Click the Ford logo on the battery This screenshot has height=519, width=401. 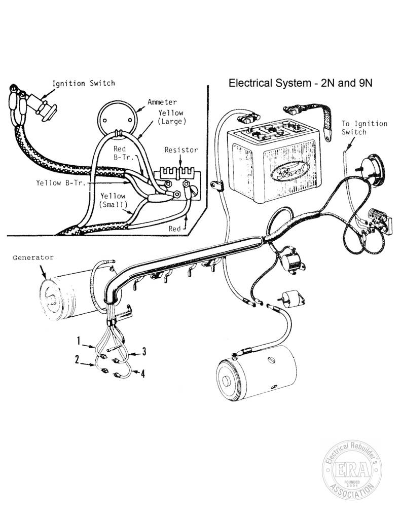(288, 171)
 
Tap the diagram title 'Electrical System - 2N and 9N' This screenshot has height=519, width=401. (300, 83)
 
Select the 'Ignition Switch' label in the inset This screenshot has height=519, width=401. (84, 83)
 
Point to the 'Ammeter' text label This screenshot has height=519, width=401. (162, 102)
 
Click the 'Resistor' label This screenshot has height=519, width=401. (181, 150)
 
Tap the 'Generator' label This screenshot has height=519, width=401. (33, 257)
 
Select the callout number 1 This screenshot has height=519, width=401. (79, 341)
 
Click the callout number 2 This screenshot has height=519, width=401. (77, 359)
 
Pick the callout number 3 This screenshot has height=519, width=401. (144, 352)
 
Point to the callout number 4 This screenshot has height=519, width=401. (143, 374)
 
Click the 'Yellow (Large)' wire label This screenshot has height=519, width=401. (171, 117)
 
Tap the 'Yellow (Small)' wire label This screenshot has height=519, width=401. (113, 200)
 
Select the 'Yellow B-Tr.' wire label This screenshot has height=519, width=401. (61, 182)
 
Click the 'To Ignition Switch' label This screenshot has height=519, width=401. (364, 128)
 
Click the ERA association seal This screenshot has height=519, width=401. (352, 470)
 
